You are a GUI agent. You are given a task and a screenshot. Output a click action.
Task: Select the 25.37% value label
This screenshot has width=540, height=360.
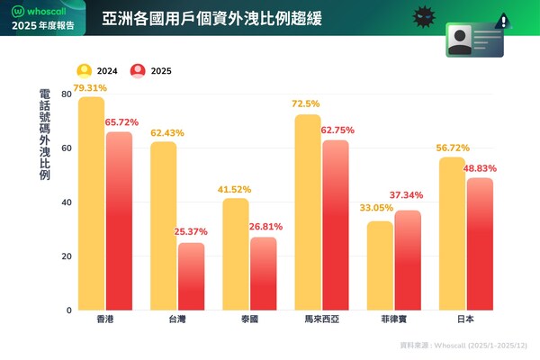[192, 233]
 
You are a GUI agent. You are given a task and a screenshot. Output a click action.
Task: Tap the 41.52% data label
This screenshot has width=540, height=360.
[235, 190]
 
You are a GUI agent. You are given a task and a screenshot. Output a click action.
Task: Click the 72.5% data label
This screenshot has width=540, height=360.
[307, 105]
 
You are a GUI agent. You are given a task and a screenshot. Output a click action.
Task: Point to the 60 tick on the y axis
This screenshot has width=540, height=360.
[67, 148]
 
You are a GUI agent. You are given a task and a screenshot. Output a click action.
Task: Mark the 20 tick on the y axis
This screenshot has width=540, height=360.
[67, 256]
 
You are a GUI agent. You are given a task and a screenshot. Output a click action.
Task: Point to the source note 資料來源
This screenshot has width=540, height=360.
[464, 345]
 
